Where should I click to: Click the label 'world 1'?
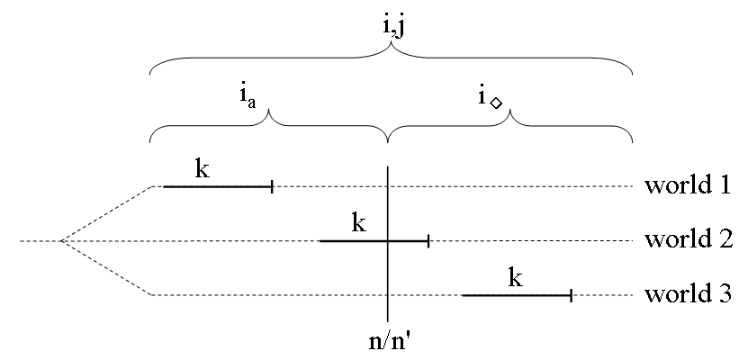688,185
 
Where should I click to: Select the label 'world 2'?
689,238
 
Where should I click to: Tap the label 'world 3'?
689,293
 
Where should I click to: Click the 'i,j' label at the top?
393,27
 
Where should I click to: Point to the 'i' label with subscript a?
248,99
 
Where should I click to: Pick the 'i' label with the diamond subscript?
490,98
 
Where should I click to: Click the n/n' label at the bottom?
388,340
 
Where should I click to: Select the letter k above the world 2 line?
359,222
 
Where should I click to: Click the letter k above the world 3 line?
515,277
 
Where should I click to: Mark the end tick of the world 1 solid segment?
272,186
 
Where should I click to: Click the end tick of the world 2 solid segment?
428,241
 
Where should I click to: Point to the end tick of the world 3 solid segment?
571,295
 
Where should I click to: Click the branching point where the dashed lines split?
62,241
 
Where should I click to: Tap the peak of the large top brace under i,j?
392,43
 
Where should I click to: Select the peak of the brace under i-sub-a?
269,110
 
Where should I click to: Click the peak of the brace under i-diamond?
510,110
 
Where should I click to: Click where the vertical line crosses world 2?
388,241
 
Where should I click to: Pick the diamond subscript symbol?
496,103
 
